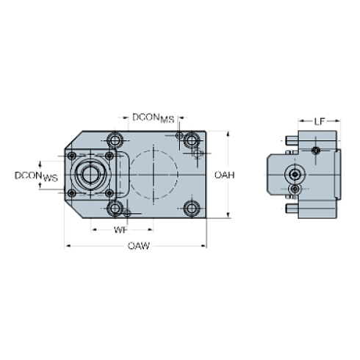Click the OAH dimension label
pos(224,175)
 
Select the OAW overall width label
pos(137,246)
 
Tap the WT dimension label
pos(123,229)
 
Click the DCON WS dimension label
pos(37,176)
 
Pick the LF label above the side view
pos(317,118)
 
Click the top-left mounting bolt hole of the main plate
pos(115,140)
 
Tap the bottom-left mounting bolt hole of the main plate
pos(115,209)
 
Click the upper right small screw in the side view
pos(314,151)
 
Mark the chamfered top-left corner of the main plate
pos(73,140)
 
